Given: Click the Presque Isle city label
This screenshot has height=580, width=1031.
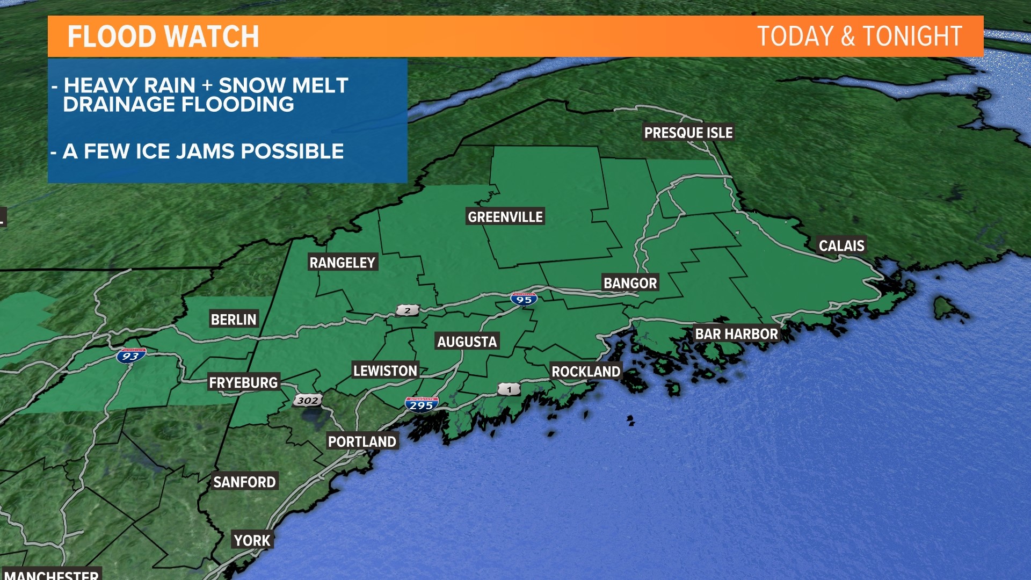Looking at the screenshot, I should [x=688, y=133].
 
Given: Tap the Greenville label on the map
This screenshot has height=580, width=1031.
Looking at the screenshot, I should [x=505, y=217].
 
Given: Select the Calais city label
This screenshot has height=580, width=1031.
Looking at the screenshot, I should [x=841, y=246].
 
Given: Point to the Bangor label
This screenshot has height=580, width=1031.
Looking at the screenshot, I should [x=630, y=283].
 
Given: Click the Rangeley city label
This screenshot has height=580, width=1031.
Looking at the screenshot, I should [x=342, y=263].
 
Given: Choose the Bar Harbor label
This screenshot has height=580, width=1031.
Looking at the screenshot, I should [x=736, y=334].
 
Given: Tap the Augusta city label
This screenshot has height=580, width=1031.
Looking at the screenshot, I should [x=467, y=342].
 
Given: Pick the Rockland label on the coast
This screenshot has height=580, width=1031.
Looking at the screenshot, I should [x=586, y=372].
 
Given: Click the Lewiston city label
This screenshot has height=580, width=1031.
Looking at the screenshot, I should [x=385, y=371].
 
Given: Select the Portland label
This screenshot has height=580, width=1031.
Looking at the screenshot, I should [x=362, y=441].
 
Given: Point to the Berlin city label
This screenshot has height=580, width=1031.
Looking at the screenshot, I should [x=234, y=320].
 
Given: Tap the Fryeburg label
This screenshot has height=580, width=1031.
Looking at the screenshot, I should [x=243, y=382].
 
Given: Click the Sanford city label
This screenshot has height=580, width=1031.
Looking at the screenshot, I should [x=244, y=482].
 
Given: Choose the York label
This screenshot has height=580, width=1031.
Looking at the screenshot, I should [x=252, y=540].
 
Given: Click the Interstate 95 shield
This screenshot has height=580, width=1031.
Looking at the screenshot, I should [x=524, y=299].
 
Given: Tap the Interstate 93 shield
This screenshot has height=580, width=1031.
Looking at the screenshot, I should [x=130, y=356].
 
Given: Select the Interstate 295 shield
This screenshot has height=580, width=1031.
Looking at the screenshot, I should [x=422, y=404].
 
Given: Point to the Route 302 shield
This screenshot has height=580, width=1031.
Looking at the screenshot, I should [x=308, y=400].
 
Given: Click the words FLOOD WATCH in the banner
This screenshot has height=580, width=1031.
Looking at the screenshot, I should [x=163, y=37].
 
